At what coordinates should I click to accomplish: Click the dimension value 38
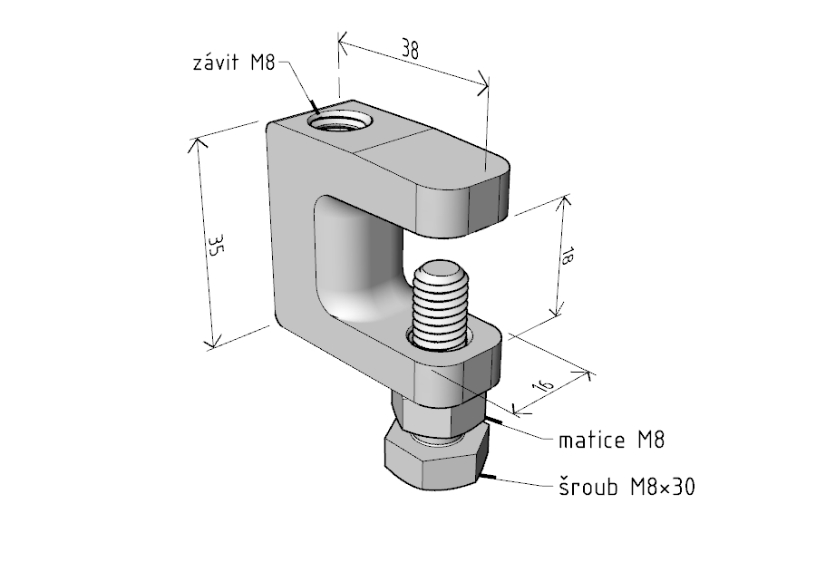click(x=411, y=51)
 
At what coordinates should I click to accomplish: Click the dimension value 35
click(x=215, y=247)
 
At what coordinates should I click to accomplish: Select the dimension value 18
click(x=568, y=257)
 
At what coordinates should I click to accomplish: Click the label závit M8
click(x=234, y=63)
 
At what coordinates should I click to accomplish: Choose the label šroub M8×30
click(x=625, y=487)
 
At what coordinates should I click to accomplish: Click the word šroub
click(x=585, y=487)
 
